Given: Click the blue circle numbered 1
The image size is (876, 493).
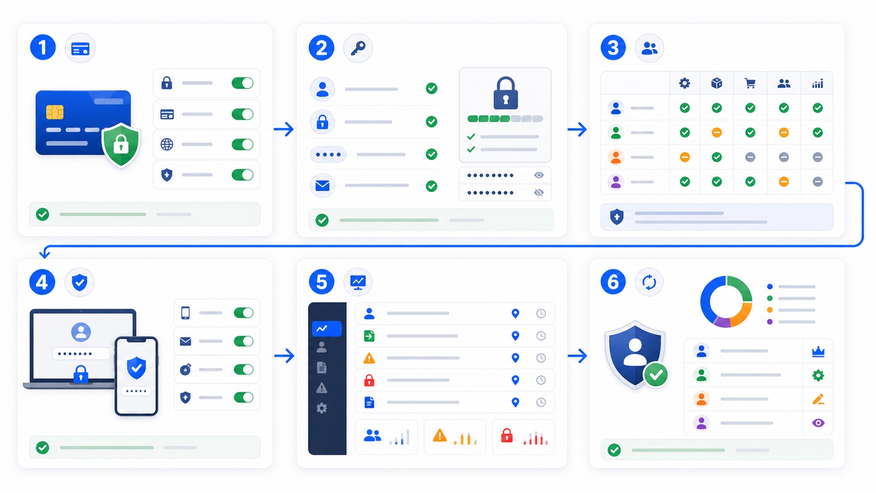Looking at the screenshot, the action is pyautogui.click(x=42, y=47).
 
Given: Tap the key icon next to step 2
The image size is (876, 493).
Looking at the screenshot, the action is pyautogui.click(x=358, y=48).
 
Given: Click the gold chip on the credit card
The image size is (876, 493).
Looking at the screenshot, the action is pyautogui.click(x=54, y=112).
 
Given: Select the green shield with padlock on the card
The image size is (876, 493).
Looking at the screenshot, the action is pyautogui.click(x=121, y=144).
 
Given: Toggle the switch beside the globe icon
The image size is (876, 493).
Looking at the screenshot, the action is pyautogui.click(x=243, y=144).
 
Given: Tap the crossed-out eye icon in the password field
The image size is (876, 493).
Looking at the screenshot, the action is pyautogui.click(x=539, y=192).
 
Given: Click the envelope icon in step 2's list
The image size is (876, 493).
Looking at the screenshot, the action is pyautogui.click(x=322, y=185).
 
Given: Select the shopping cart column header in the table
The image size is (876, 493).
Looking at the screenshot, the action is pyautogui.click(x=750, y=83).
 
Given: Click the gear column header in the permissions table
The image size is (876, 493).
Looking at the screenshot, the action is pyautogui.click(x=684, y=83).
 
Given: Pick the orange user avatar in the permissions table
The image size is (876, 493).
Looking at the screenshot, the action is pyautogui.click(x=616, y=157).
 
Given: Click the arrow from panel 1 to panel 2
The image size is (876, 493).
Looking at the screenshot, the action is pyautogui.click(x=284, y=129).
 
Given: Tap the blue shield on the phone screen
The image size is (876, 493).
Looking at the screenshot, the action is pyautogui.click(x=137, y=367).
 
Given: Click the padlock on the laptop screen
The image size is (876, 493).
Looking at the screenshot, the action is pyautogui.click(x=81, y=374).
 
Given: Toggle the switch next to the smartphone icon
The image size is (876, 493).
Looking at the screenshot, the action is pyautogui.click(x=243, y=313).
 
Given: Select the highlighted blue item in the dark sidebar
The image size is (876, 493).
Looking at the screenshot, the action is pyautogui.click(x=326, y=328).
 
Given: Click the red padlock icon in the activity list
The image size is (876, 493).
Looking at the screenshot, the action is pyautogui.click(x=369, y=380).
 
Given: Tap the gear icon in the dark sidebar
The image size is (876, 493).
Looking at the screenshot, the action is pyautogui.click(x=322, y=409).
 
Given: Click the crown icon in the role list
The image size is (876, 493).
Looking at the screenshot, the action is pyautogui.click(x=818, y=352).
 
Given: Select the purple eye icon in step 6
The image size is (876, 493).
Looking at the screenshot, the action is pyautogui.click(x=818, y=423).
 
